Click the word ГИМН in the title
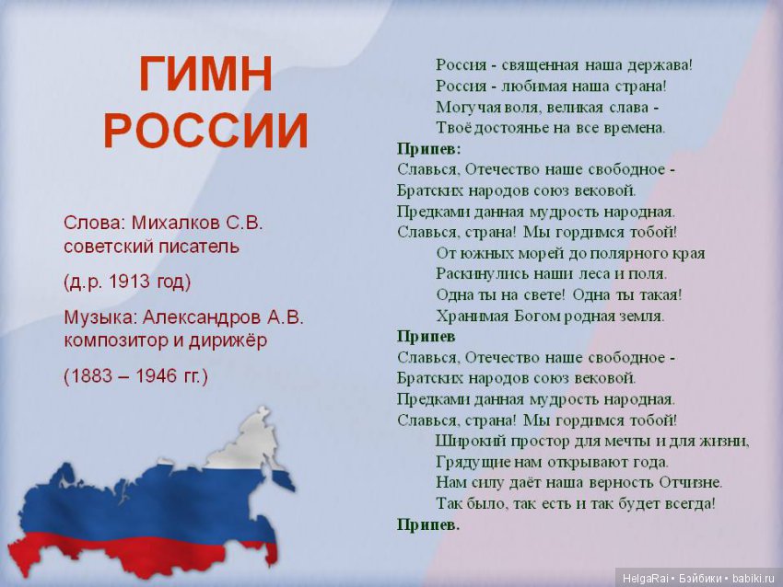(x=205, y=75)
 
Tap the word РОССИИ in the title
(x=205, y=132)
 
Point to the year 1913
(x=129, y=281)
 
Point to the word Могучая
(x=466, y=107)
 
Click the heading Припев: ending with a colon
(x=429, y=148)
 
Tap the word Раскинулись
(x=480, y=273)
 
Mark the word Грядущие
(x=469, y=462)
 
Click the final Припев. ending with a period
(x=428, y=524)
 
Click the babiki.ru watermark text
(x=754, y=578)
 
